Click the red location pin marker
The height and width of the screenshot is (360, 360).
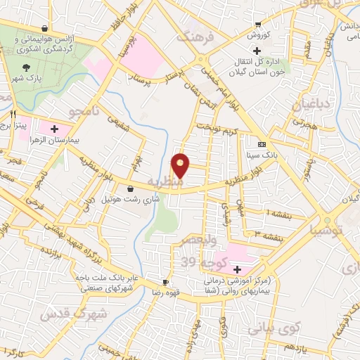181,166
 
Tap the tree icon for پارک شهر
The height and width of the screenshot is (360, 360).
27,68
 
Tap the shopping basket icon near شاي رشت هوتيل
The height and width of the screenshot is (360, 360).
131,188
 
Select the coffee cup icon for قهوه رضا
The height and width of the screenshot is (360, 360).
166,281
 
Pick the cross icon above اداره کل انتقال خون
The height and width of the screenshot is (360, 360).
257,51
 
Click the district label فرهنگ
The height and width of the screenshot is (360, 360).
194,36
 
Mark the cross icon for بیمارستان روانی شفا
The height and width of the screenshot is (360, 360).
237,270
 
